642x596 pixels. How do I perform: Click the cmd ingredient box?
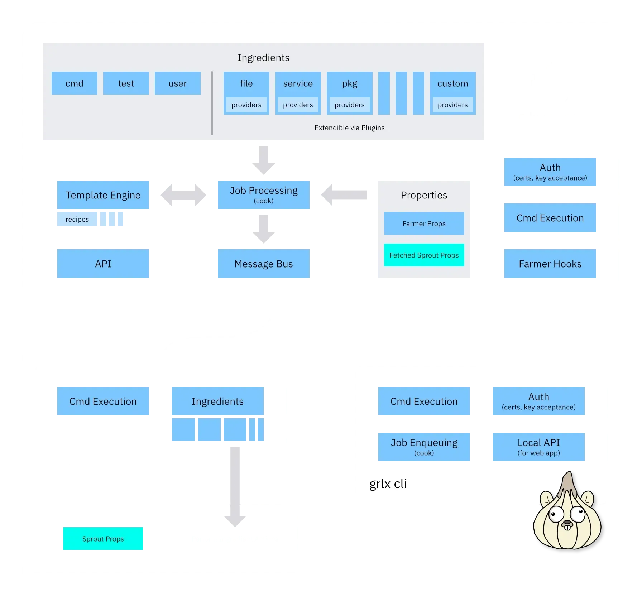coord(74,83)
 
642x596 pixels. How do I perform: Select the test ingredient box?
coord(126,83)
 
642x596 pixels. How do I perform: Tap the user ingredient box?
coord(177,83)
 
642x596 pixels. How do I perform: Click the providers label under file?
coord(246,105)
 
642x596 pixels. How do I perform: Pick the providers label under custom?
coord(452,105)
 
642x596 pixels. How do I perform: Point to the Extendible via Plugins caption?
coord(349,128)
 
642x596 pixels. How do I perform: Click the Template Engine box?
coord(103,195)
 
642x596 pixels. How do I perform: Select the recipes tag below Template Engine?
coord(77,219)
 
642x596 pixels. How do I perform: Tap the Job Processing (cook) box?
coord(263,195)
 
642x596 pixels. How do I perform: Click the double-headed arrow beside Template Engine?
coord(183,195)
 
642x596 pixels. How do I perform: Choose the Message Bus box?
coord(263,264)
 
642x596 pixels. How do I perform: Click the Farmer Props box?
coord(424,223)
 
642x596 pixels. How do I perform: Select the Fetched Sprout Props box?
coord(424,255)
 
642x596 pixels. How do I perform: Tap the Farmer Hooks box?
coord(550,264)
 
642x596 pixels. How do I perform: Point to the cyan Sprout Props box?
coord(103,539)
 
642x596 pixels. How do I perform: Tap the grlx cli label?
coord(388,484)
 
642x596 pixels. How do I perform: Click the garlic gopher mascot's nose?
coord(567,524)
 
